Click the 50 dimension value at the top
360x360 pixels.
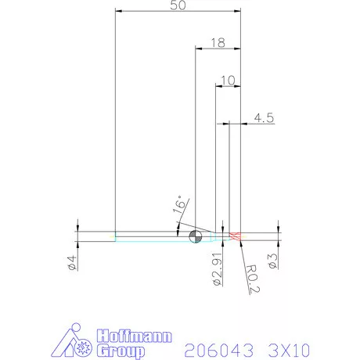[x=178, y=5]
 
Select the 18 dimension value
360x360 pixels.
[x=218, y=43]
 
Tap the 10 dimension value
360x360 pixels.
[x=228, y=80]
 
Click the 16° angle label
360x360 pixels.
[x=178, y=207]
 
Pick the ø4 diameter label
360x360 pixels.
[x=71, y=263]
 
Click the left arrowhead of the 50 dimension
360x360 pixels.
[x=118, y=11]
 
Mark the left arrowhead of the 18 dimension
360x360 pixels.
[x=197, y=49]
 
